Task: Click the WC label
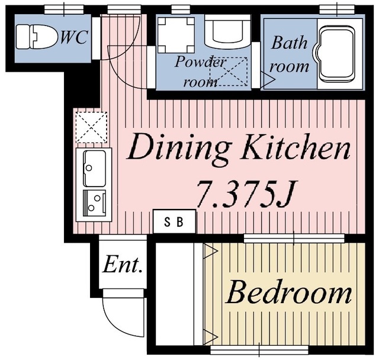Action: (x=73, y=37)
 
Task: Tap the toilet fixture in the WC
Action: (x=37, y=37)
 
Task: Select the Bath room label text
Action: (x=289, y=54)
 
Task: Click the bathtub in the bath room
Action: (x=337, y=54)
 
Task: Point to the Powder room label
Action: (x=200, y=72)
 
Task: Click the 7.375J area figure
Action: (x=246, y=195)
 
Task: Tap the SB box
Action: (x=174, y=221)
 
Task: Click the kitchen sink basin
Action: (x=94, y=168)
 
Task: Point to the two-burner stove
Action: (x=94, y=203)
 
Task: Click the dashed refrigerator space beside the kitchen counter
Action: (x=91, y=127)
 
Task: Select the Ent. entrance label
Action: (x=122, y=265)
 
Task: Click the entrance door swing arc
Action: (x=114, y=326)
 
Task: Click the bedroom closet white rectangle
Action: (x=175, y=294)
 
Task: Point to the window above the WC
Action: (x=64, y=9)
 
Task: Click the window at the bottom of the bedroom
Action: (x=259, y=349)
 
